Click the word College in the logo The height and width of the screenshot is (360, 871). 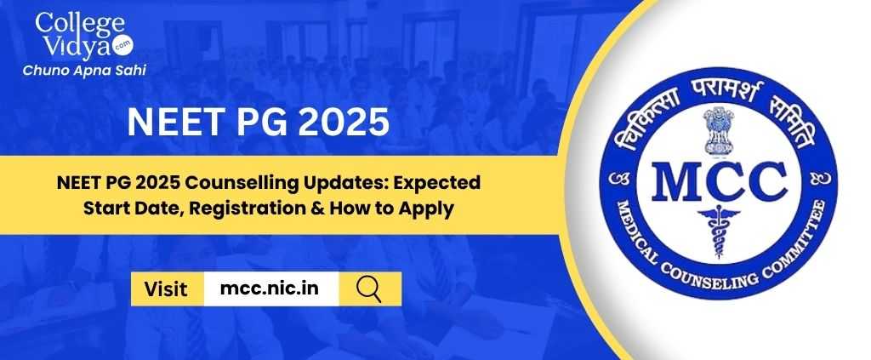(x=81, y=23)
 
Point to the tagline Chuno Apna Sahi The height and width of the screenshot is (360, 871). (x=84, y=71)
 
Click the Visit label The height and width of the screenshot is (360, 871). (x=166, y=289)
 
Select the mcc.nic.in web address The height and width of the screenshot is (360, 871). (x=270, y=289)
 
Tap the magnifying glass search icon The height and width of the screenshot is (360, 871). (x=369, y=289)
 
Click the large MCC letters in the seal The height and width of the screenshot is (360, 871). (x=720, y=180)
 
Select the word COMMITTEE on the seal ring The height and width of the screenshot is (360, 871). (x=798, y=235)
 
